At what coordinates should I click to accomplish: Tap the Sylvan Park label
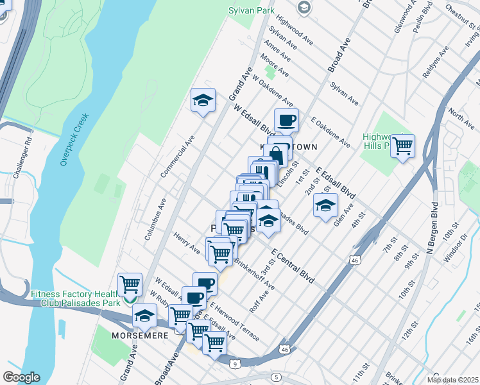click(x=251, y=10)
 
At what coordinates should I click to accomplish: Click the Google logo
click(x=21, y=377)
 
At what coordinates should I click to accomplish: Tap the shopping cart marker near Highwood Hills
click(x=402, y=147)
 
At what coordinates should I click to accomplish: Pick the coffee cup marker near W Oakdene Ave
click(x=286, y=120)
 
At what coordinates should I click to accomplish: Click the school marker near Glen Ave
click(x=325, y=206)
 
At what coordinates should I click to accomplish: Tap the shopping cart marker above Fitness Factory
click(x=130, y=284)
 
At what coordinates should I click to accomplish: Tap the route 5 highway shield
click(x=276, y=377)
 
